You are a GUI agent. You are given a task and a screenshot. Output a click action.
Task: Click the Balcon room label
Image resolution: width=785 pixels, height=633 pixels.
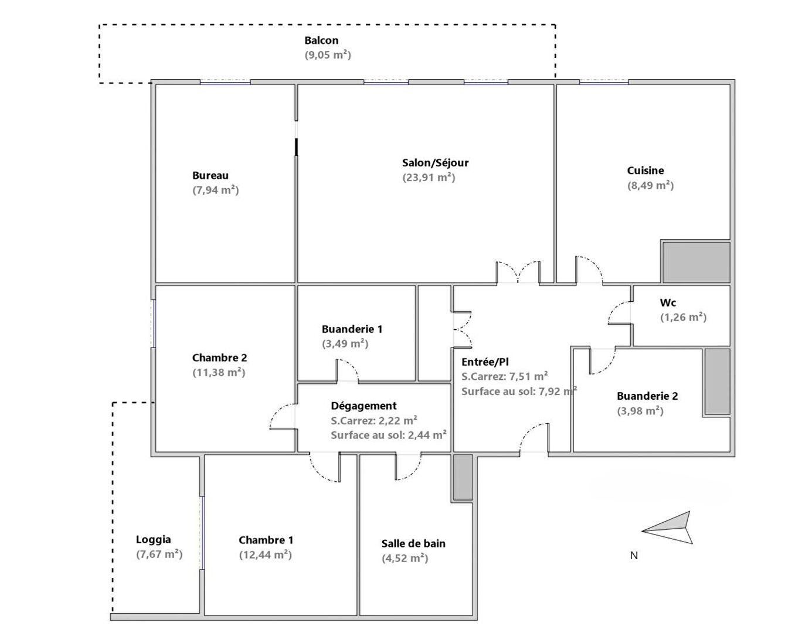[321, 40]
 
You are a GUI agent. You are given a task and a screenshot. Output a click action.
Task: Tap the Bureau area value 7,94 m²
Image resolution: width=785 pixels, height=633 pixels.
[216, 190]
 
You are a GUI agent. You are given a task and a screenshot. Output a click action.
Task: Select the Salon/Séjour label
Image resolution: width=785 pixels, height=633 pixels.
[435, 163]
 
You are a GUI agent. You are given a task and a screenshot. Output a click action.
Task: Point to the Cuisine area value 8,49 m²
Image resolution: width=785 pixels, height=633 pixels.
[650, 186]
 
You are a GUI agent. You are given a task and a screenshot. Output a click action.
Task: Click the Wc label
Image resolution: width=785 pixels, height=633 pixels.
[668, 302]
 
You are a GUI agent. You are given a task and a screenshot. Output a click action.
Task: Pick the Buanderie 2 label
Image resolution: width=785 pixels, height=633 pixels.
[647, 396]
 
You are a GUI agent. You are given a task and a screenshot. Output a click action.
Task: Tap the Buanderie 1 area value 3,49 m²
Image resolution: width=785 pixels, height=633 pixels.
[345, 344]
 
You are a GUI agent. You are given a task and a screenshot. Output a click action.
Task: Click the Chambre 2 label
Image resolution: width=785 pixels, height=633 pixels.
[220, 358]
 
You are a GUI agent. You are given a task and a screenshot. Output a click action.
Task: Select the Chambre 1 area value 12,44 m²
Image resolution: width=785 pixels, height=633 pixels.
[266, 555]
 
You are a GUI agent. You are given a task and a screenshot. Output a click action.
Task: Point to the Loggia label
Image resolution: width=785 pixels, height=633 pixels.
[153, 540]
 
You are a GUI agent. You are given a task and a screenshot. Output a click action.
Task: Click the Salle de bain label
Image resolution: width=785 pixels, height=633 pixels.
[413, 544]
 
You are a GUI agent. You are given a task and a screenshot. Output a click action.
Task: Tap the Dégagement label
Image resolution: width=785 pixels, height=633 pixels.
[363, 406]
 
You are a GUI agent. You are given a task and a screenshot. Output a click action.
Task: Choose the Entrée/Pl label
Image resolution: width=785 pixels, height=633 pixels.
[485, 362]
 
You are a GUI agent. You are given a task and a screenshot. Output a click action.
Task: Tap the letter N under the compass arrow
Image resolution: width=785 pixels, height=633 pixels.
[634, 555]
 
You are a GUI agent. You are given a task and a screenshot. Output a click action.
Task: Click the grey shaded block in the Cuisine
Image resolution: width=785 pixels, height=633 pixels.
[696, 262]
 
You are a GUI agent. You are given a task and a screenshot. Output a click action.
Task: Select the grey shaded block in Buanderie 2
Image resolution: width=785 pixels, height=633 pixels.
[717, 382]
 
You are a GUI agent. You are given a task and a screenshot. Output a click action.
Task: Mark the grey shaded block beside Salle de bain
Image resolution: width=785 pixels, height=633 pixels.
[463, 477]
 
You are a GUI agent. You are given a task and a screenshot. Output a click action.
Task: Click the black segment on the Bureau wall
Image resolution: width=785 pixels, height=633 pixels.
[296, 147]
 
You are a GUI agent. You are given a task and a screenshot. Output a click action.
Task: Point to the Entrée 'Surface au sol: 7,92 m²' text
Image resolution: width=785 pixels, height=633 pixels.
[519, 392]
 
